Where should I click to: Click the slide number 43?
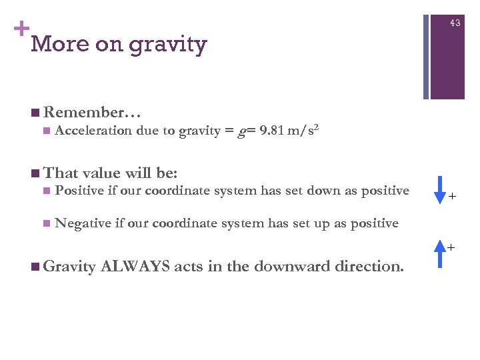455,23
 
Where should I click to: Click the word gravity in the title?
168,45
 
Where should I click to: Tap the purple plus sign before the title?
21,29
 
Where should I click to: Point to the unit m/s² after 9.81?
303,130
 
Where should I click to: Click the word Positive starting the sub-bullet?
80,191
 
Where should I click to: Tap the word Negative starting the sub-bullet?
83,223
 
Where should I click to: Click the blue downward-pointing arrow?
439,189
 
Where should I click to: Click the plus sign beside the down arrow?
452,197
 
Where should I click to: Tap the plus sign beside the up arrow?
451,248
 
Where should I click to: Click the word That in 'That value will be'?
61,174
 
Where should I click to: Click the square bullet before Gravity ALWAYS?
35,267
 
